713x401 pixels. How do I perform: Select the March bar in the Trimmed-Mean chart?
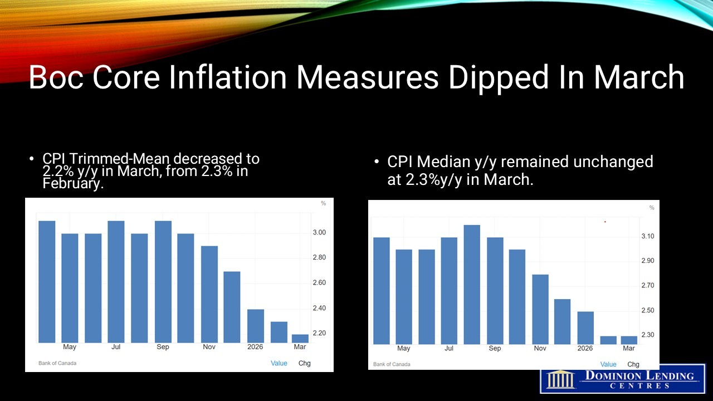[x=300, y=339]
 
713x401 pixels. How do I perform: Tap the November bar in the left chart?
[x=209, y=294]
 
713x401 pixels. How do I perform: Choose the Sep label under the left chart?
[x=163, y=347]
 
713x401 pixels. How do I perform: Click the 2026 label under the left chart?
[x=256, y=347]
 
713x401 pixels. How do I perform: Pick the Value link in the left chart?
[x=279, y=363]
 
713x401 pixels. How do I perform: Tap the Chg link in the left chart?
[x=305, y=363]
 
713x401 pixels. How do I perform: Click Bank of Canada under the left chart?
[x=57, y=363]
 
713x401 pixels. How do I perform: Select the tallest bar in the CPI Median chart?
[x=472, y=285]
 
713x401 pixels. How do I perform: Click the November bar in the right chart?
[x=540, y=309]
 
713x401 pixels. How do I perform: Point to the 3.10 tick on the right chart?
[x=647, y=237]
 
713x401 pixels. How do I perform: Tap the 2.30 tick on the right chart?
[x=647, y=335]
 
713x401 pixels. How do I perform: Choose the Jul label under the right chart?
[x=449, y=349]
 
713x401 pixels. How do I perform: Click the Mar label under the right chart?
[x=629, y=349]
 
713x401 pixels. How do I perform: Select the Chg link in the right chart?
[x=633, y=364]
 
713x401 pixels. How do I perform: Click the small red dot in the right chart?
[x=605, y=222]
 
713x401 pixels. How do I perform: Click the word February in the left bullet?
[x=73, y=183]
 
